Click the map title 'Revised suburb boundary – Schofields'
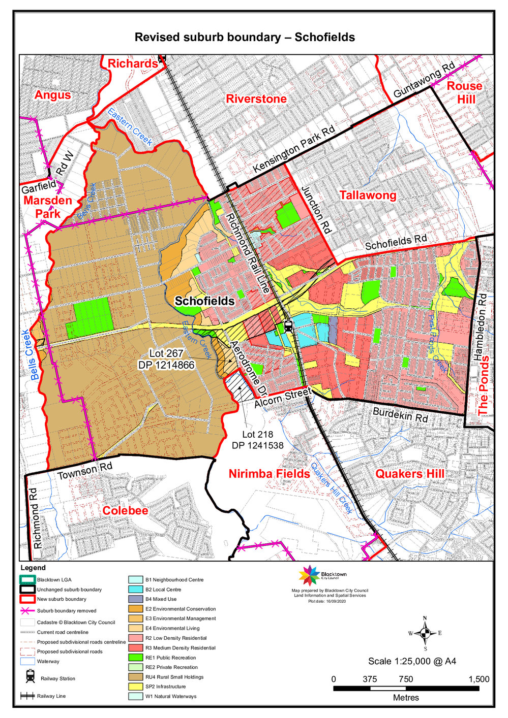pos(245,37)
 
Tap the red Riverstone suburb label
pos(256,99)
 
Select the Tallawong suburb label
pos(368,195)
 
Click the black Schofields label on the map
pos(204,301)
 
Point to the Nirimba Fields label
pos(269,474)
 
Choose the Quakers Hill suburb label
pos(409,474)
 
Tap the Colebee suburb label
pos(125,510)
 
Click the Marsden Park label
pos(48,207)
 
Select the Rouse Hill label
pos(465,92)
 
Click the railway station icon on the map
pos(288,326)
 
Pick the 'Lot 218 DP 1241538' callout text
pos(257,440)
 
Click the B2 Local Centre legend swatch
pos(135,590)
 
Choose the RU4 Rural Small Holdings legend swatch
pos(135,677)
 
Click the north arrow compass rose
pos(425,633)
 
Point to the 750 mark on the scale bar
pos(406,679)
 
